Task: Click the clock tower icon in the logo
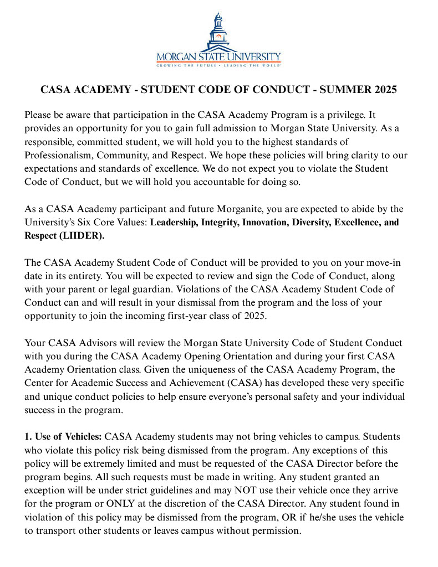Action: click(219, 30)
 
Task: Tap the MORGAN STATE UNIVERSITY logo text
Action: click(219, 57)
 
